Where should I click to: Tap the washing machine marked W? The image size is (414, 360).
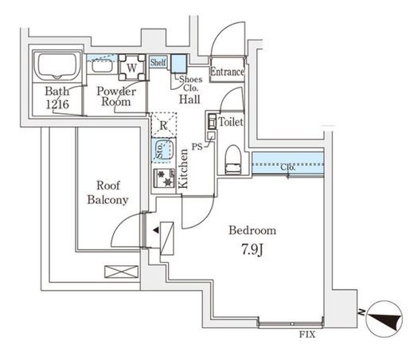132,68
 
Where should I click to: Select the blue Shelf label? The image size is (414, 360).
158,62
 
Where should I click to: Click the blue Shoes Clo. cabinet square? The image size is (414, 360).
178,64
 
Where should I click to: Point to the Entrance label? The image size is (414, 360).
227,72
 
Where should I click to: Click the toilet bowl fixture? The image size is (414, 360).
233,159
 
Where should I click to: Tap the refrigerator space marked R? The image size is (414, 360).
164,125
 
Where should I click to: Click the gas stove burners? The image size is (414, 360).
165,178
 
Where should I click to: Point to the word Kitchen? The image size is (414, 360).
183,169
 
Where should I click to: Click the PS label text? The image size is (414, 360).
197,147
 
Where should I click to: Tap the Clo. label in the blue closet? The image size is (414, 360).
287,167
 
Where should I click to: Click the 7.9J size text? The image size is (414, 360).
252,249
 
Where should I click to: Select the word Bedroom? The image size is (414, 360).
252,230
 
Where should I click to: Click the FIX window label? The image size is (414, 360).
307,335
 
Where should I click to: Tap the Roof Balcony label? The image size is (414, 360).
108,193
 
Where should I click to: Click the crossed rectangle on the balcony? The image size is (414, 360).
122,272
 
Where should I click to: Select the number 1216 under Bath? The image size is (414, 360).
57,104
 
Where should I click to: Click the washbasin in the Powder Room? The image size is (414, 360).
102,65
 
